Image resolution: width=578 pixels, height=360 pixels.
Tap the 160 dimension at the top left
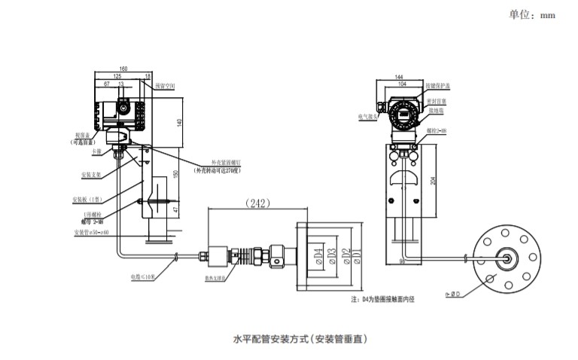point(123,69)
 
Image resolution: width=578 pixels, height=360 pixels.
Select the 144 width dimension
point(399,78)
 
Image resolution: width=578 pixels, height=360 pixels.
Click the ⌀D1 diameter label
point(357,255)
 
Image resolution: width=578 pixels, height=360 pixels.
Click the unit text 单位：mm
point(532,15)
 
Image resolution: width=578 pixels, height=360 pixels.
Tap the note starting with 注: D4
point(382,299)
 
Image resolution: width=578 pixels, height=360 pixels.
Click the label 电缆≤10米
point(143,276)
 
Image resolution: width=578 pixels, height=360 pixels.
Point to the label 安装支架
point(91,175)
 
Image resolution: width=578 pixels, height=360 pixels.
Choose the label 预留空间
point(164,87)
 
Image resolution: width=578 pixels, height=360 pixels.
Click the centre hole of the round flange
point(503,257)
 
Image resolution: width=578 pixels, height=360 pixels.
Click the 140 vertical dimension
point(180,122)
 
